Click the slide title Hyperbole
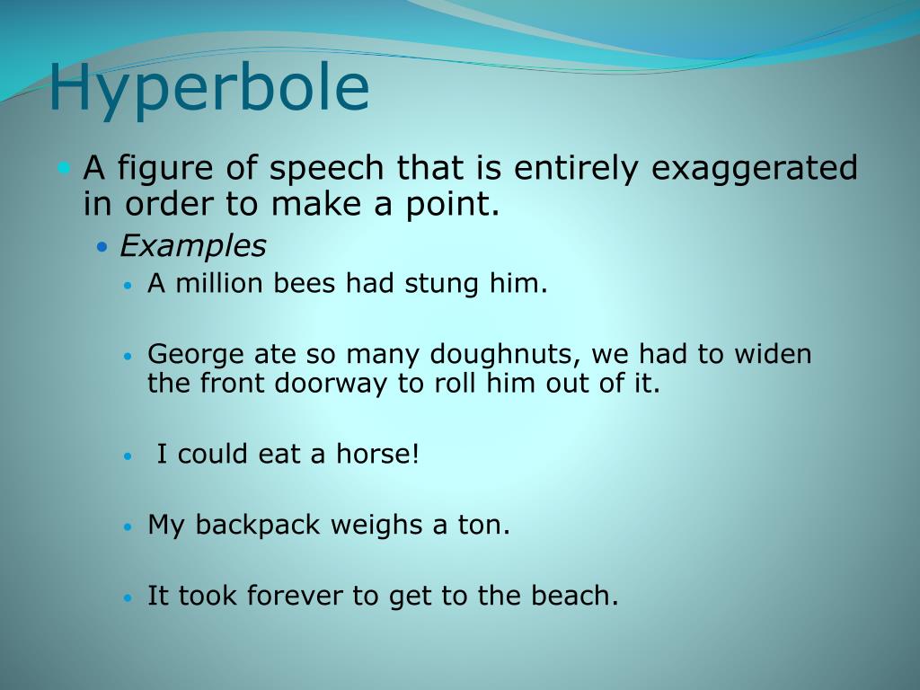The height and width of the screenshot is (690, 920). pos(208,88)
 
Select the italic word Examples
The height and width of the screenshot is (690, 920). pos(193,245)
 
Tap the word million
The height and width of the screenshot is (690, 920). pos(215,284)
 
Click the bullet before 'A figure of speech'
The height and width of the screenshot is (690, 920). pos(63,168)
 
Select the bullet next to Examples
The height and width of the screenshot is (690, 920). pos(102,246)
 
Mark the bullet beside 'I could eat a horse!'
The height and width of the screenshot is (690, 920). pos(128,456)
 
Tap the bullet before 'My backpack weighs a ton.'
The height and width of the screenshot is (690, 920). pos(128,526)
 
